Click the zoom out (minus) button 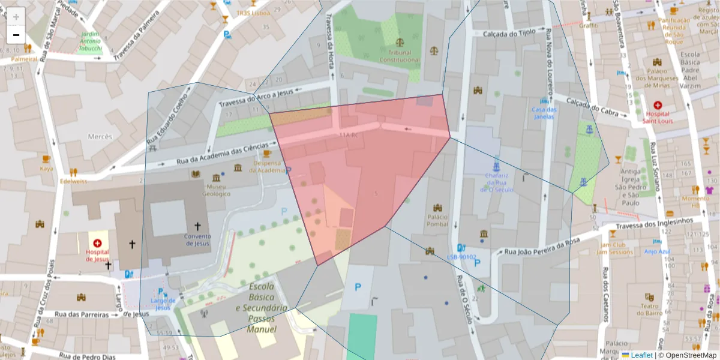point(16,35)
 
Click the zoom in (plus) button point(16,16)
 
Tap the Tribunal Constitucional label point(400,56)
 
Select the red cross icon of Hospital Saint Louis point(658,106)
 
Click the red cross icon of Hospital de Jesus point(97,243)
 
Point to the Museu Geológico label point(216,190)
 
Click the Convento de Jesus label point(197,240)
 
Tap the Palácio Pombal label point(437,220)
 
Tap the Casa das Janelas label point(544,113)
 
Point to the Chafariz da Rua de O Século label point(496,182)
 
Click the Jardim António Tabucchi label point(90,41)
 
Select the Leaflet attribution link point(641,355)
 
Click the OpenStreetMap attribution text point(688,355)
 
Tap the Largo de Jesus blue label point(163,304)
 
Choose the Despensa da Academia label point(267,166)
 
